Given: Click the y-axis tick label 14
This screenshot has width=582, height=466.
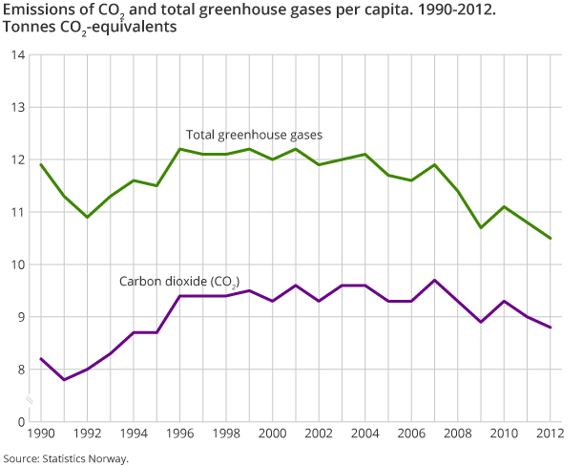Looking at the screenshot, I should [x=18, y=55].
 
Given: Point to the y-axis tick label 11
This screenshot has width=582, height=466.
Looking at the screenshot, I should [x=18, y=212].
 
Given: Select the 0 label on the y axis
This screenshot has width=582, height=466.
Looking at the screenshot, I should [x=21, y=421].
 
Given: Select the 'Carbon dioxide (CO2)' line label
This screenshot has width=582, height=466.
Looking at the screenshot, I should [x=179, y=282].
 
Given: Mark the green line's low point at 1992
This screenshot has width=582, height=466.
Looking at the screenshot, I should [x=88, y=217].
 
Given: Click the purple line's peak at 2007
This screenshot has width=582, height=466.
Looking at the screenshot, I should [x=435, y=280].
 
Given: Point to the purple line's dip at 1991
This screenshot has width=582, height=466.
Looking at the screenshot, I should [x=64, y=380].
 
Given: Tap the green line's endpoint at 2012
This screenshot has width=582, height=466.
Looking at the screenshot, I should [x=551, y=238].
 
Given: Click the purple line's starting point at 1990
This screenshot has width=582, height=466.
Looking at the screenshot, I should [x=41, y=359].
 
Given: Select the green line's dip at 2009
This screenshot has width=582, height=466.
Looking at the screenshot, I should [x=481, y=227].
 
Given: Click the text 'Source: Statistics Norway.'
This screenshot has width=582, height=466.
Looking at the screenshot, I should [x=65, y=458].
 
